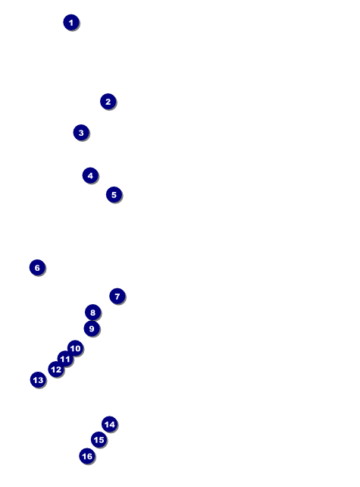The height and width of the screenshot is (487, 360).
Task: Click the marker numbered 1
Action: pos(71,22)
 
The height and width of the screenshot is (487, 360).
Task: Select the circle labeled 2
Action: pos(108,102)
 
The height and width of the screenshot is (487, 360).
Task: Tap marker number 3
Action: pos(81,133)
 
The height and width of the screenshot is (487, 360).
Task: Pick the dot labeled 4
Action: pos(90,175)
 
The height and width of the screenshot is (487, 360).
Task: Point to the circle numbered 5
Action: pos(114,194)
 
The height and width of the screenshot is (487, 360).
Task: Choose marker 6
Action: pos(37,268)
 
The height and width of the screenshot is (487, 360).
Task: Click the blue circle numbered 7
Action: pos(117,297)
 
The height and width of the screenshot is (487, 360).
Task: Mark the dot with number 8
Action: pos(92,313)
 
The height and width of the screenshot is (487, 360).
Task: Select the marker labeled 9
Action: pos(92,328)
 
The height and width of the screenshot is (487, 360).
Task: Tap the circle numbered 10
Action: pos(75,348)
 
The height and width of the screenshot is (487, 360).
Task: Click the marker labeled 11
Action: pos(65,359)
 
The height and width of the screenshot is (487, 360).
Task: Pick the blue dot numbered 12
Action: pos(56,369)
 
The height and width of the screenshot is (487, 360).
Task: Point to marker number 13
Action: pos(38,380)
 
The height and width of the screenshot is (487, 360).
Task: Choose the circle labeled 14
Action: pos(110,424)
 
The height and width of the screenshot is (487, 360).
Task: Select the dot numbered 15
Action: pos(99,440)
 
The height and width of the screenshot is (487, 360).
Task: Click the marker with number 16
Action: pos(87,456)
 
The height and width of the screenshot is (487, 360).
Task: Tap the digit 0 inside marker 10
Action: pos(77,348)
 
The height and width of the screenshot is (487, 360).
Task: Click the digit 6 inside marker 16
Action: pos(89,457)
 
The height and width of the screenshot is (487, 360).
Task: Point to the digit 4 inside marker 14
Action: pos(112,425)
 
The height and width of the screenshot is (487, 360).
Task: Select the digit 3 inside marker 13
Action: pos(41,380)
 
